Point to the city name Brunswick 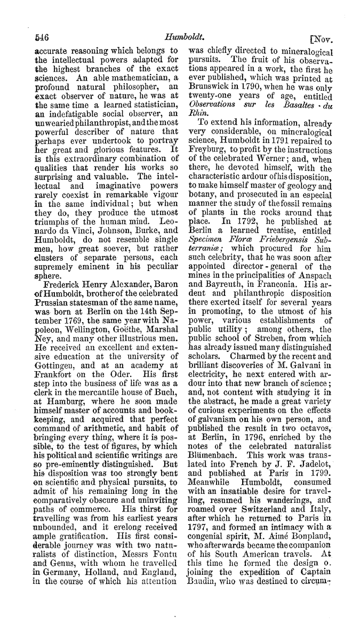[210, 85]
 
